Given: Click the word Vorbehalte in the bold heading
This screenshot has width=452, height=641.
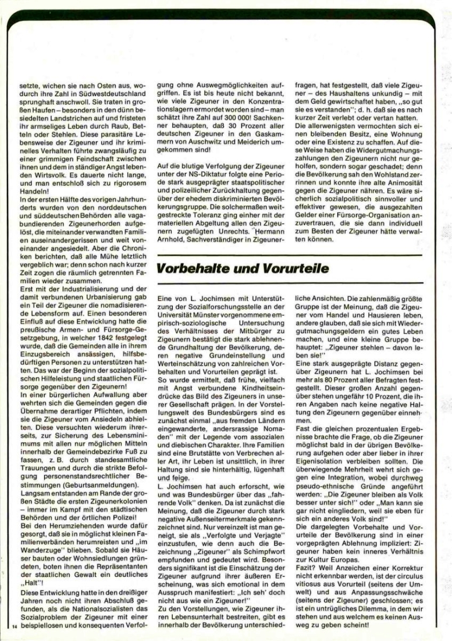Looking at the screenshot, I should (x=194, y=269).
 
